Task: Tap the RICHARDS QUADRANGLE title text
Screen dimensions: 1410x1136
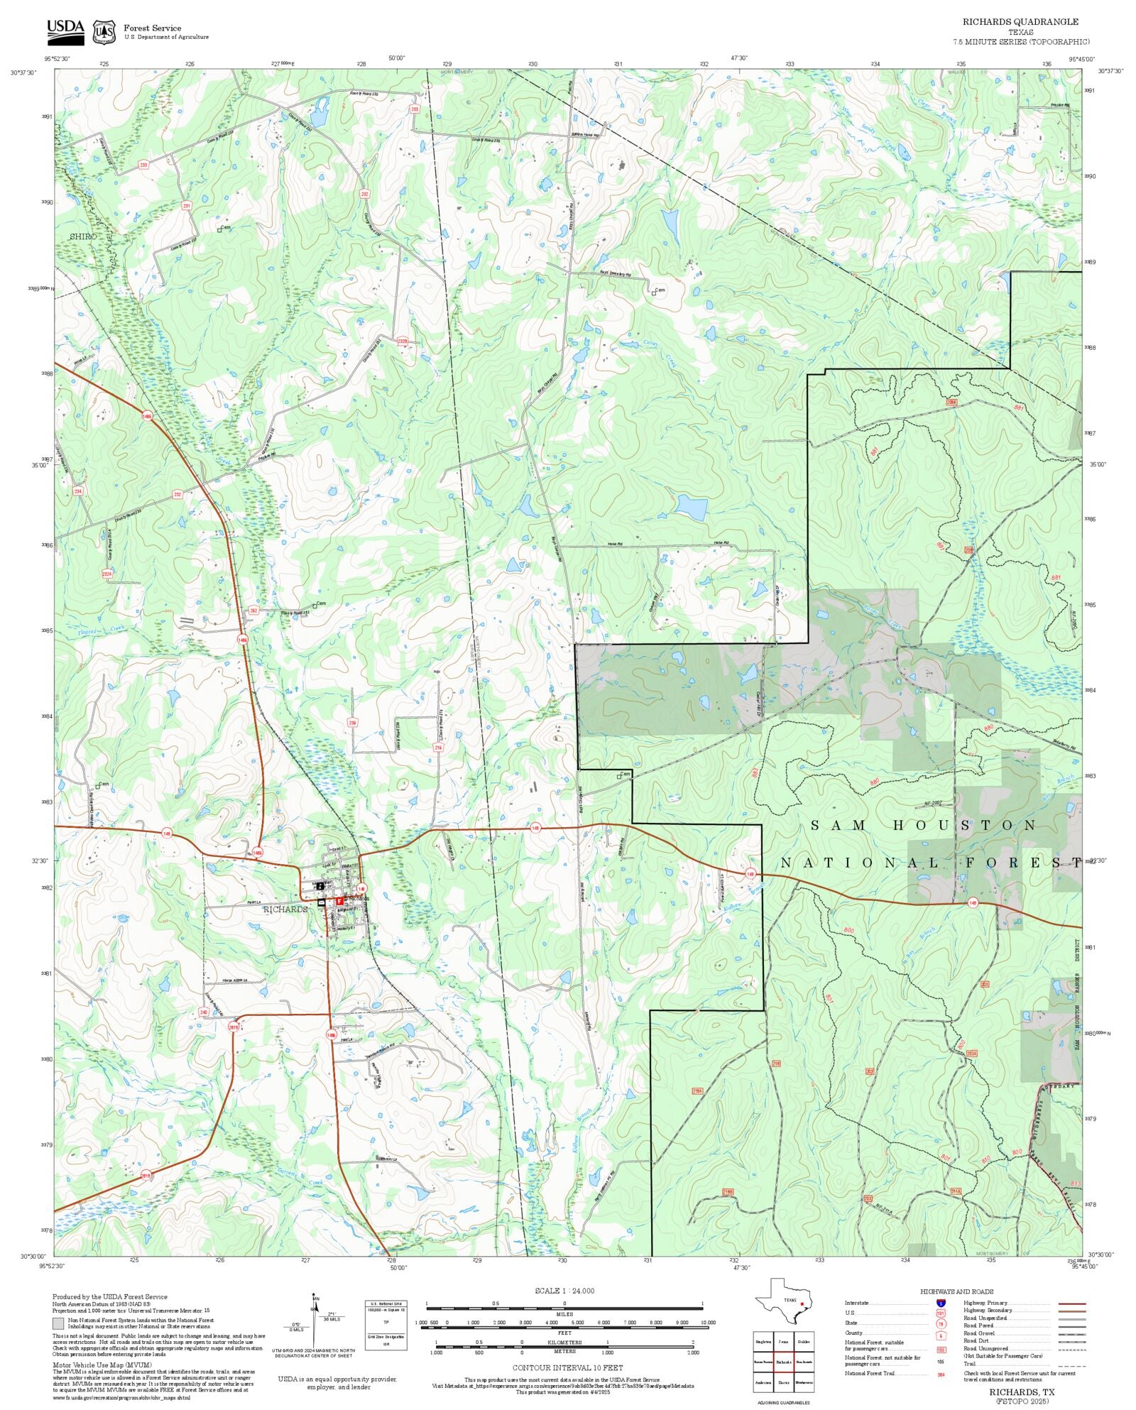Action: click(x=1020, y=22)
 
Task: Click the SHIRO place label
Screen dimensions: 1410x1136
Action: click(x=83, y=236)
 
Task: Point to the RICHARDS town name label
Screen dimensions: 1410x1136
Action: click(x=285, y=909)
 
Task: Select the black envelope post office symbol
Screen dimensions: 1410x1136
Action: click(x=322, y=902)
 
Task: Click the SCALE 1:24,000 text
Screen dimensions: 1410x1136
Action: click(x=564, y=1291)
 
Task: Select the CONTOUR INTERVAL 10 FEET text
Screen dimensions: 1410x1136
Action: click(x=567, y=1367)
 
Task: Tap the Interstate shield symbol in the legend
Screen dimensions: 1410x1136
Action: click(x=941, y=1304)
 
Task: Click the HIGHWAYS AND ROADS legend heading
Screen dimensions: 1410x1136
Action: click(x=956, y=1291)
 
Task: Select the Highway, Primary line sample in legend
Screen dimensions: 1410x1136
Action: click(x=1071, y=1304)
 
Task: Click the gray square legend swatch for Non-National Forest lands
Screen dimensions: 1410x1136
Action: click(x=58, y=1323)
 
